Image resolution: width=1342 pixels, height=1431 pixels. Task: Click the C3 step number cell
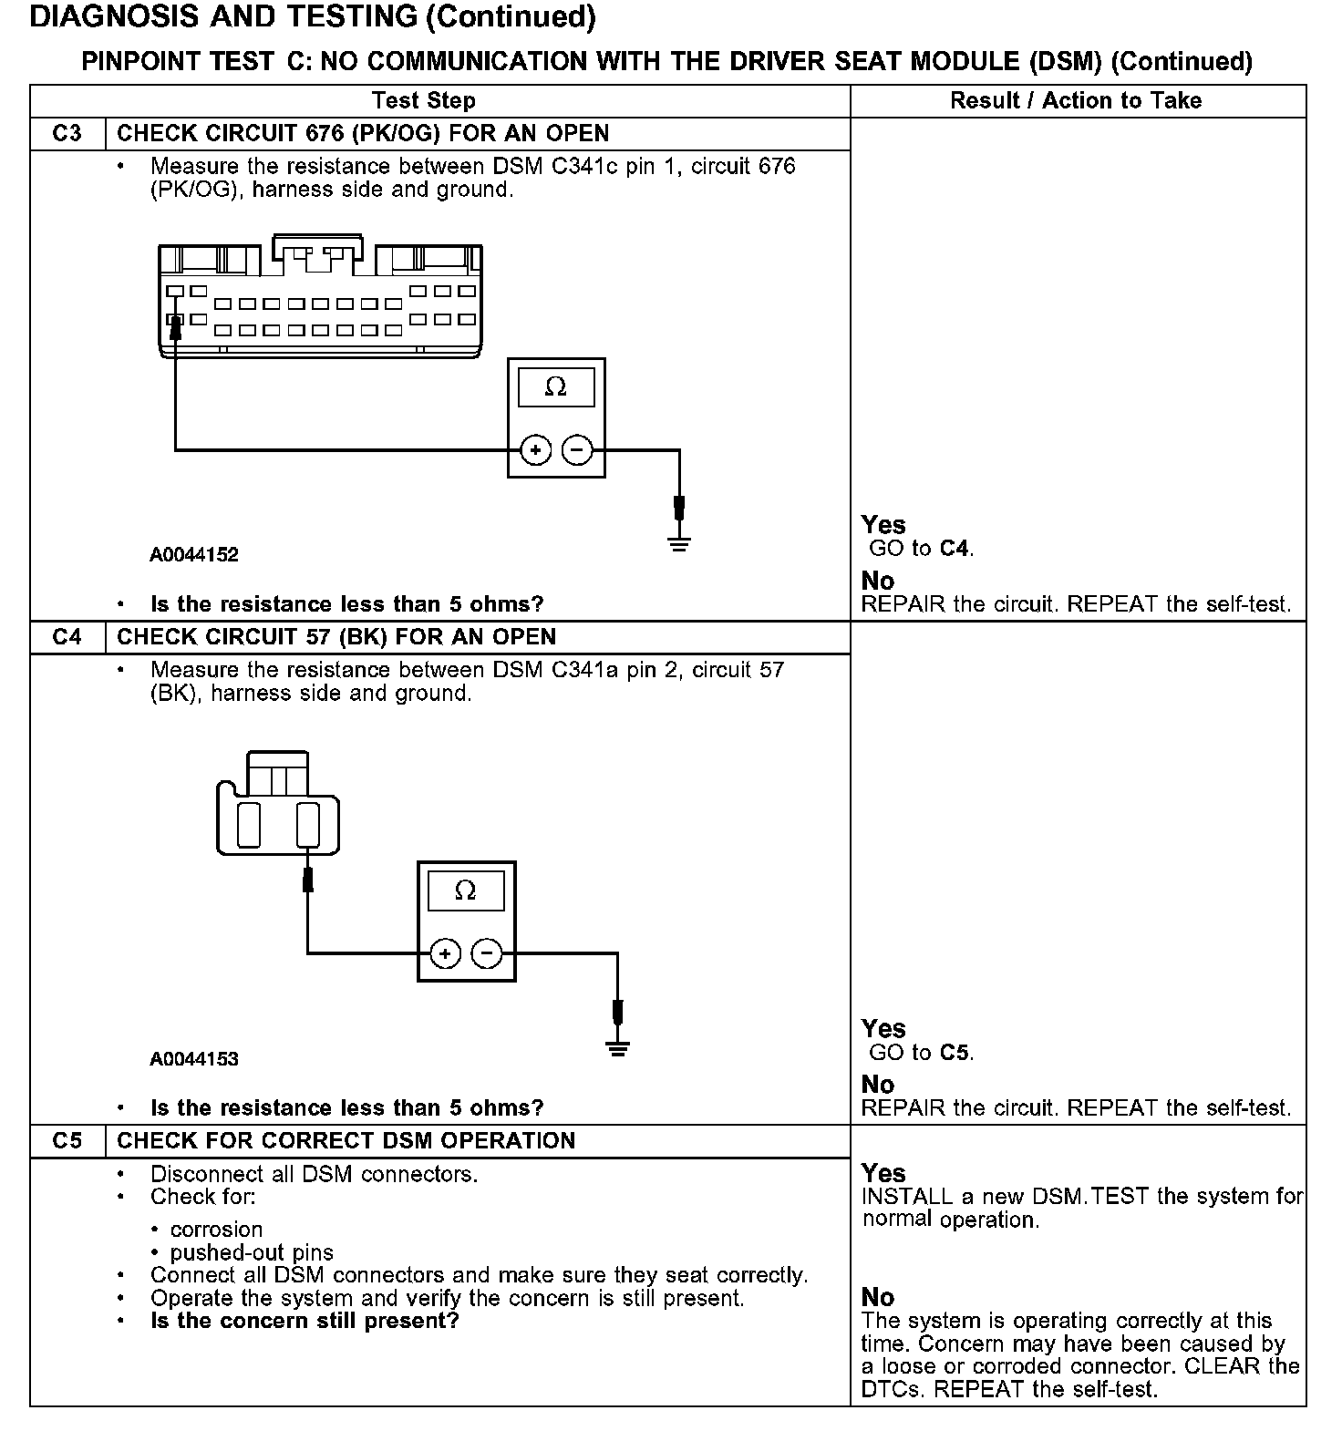click(67, 134)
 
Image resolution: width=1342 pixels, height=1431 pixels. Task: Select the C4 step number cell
click(67, 637)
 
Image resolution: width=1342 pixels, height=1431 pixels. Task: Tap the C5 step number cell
click(67, 1141)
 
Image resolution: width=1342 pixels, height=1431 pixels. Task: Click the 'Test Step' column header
click(423, 101)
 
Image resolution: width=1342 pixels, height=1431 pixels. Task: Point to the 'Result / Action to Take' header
click(1076, 101)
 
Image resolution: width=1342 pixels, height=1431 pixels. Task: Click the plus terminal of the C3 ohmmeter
click(535, 449)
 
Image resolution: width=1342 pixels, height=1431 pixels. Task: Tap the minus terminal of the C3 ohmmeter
click(577, 449)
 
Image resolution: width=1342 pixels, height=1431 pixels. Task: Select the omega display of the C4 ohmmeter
click(466, 891)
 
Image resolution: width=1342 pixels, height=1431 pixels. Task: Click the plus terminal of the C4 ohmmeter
click(445, 953)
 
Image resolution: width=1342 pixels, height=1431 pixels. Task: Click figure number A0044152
click(194, 555)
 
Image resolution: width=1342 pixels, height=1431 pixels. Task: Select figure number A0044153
click(194, 1059)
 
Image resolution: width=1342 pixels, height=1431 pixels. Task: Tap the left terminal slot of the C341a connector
click(249, 825)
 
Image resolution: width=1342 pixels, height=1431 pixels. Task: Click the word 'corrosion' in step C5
click(216, 1230)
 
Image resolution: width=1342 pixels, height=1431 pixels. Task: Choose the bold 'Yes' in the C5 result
click(883, 1173)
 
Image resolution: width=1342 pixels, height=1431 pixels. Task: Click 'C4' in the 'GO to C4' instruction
click(955, 549)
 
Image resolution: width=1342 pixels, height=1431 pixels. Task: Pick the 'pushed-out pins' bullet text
click(252, 1252)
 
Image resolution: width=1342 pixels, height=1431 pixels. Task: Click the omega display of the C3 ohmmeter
click(556, 387)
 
